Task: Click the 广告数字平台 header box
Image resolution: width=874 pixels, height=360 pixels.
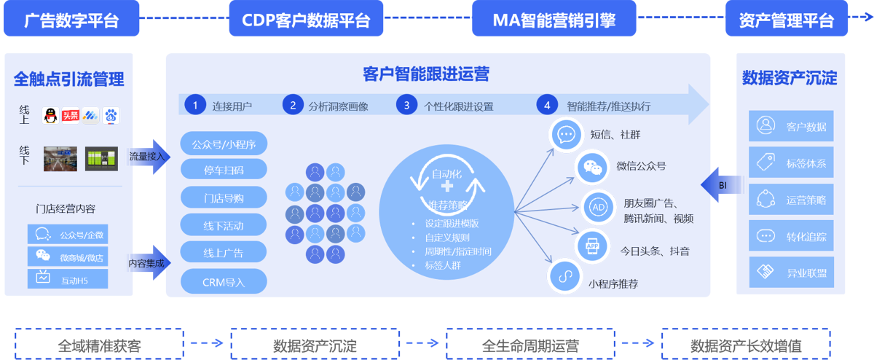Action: [71, 19]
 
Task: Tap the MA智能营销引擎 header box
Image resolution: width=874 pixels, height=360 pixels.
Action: [554, 19]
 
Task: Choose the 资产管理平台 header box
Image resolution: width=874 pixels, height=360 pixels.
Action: [787, 19]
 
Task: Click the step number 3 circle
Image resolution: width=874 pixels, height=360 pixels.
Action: [407, 105]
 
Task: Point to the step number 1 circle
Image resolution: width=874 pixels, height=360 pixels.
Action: [195, 105]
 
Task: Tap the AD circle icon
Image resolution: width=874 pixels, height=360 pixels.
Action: [597, 208]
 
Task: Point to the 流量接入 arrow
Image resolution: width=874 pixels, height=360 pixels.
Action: [149, 156]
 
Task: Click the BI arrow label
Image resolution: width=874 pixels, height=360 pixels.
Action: [721, 185]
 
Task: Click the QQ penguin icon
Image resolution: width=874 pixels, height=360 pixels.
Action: [50, 115]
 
